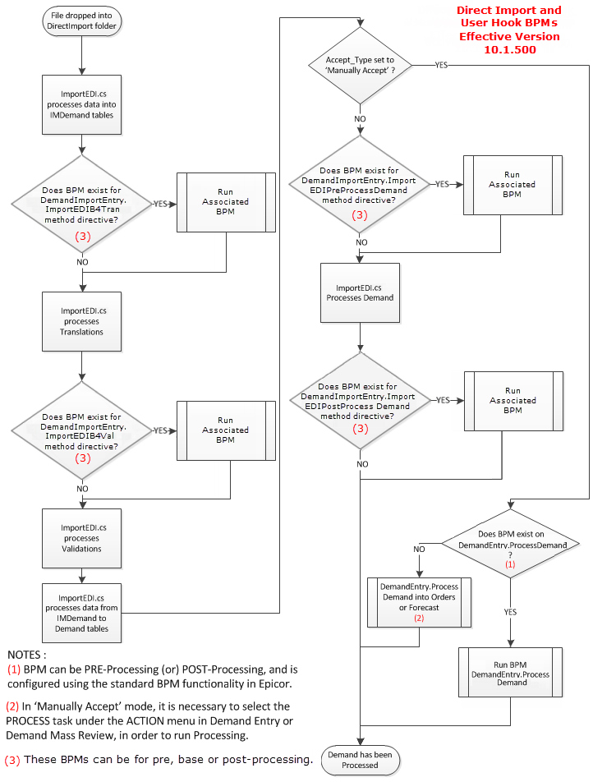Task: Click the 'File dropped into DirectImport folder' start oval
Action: pyautogui.click(x=81, y=21)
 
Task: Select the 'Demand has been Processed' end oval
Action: pyautogui.click(x=360, y=760)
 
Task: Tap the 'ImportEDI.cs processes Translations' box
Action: pyautogui.click(x=82, y=322)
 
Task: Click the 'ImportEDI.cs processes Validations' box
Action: pyautogui.click(x=82, y=539)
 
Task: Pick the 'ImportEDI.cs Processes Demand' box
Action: pyautogui.click(x=360, y=292)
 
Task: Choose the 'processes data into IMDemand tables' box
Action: pyautogui.click(x=82, y=105)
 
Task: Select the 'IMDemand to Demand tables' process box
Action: pyautogui.click(x=82, y=614)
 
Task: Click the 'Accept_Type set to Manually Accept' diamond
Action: pyautogui.click(x=360, y=66)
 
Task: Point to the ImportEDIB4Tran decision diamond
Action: pyautogui.click(x=82, y=204)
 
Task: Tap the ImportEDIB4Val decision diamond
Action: pyautogui.click(x=82, y=430)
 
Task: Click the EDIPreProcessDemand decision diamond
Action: pyautogui.click(x=360, y=184)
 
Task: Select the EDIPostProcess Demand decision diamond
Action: pyautogui.click(x=360, y=401)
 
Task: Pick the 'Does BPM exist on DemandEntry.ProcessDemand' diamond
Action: pyautogui.click(x=511, y=544)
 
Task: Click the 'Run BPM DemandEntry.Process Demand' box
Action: pyautogui.click(x=511, y=673)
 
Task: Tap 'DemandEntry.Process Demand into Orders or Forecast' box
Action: pyautogui.click(x=420, y=602)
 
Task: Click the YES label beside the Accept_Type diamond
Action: pyautogui.click(x=441, y=65)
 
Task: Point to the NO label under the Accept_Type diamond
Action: pyautogui.click(x=360, y=118)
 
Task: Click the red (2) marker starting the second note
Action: pyautogui.click(x=12, y=706)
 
